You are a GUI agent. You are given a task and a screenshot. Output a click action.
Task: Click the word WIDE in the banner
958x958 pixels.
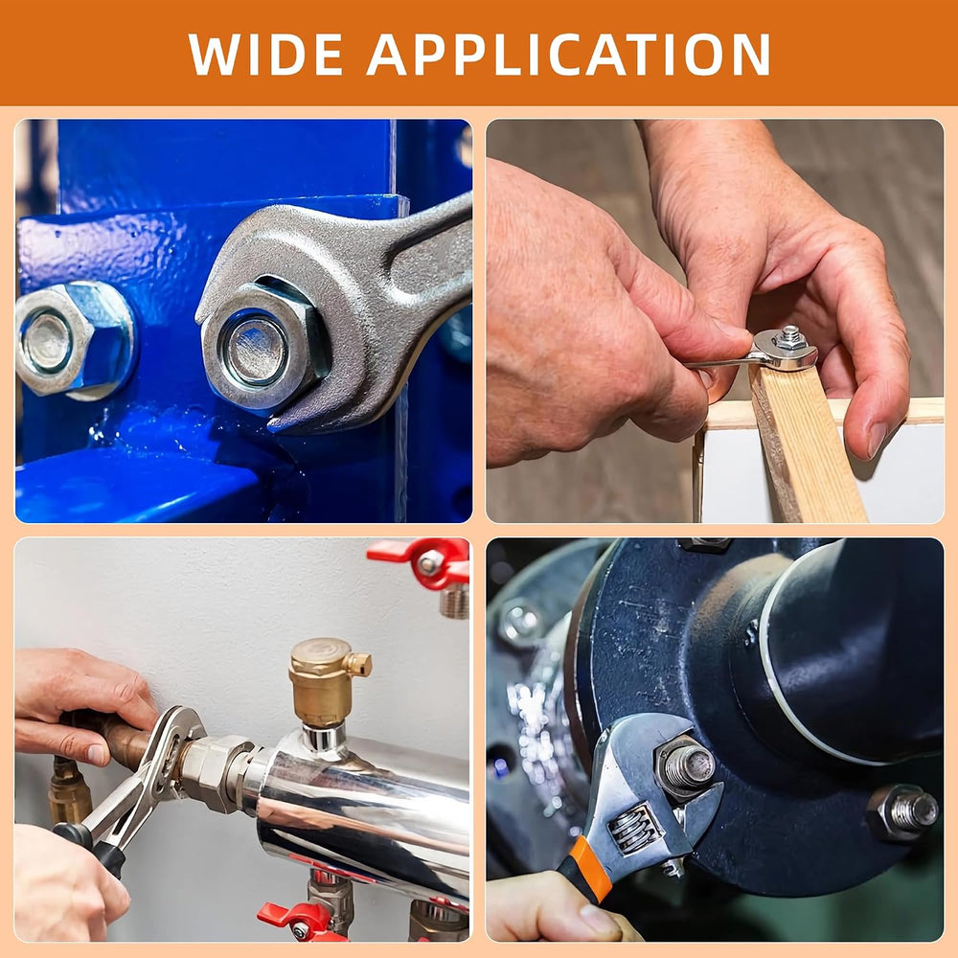tap(265, 54)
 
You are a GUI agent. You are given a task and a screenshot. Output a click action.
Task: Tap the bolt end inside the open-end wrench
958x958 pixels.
tap(256, 352)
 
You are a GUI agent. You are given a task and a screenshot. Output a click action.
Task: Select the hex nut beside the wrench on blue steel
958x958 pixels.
tap(67, 338)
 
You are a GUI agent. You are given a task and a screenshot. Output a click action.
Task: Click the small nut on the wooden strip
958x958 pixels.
tap(790, 338)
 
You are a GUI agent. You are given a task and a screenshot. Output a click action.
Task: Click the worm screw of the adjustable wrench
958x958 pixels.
tap(635, 829)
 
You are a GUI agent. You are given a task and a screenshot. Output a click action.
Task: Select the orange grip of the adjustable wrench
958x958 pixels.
tap(588, 869)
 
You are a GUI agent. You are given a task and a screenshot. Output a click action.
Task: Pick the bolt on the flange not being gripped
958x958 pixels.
tap(903, 812)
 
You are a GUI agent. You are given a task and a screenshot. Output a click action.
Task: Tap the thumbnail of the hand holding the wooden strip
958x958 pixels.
tap(877, 440)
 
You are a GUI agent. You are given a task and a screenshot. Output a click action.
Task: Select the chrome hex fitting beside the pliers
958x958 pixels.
tap(215, 774)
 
